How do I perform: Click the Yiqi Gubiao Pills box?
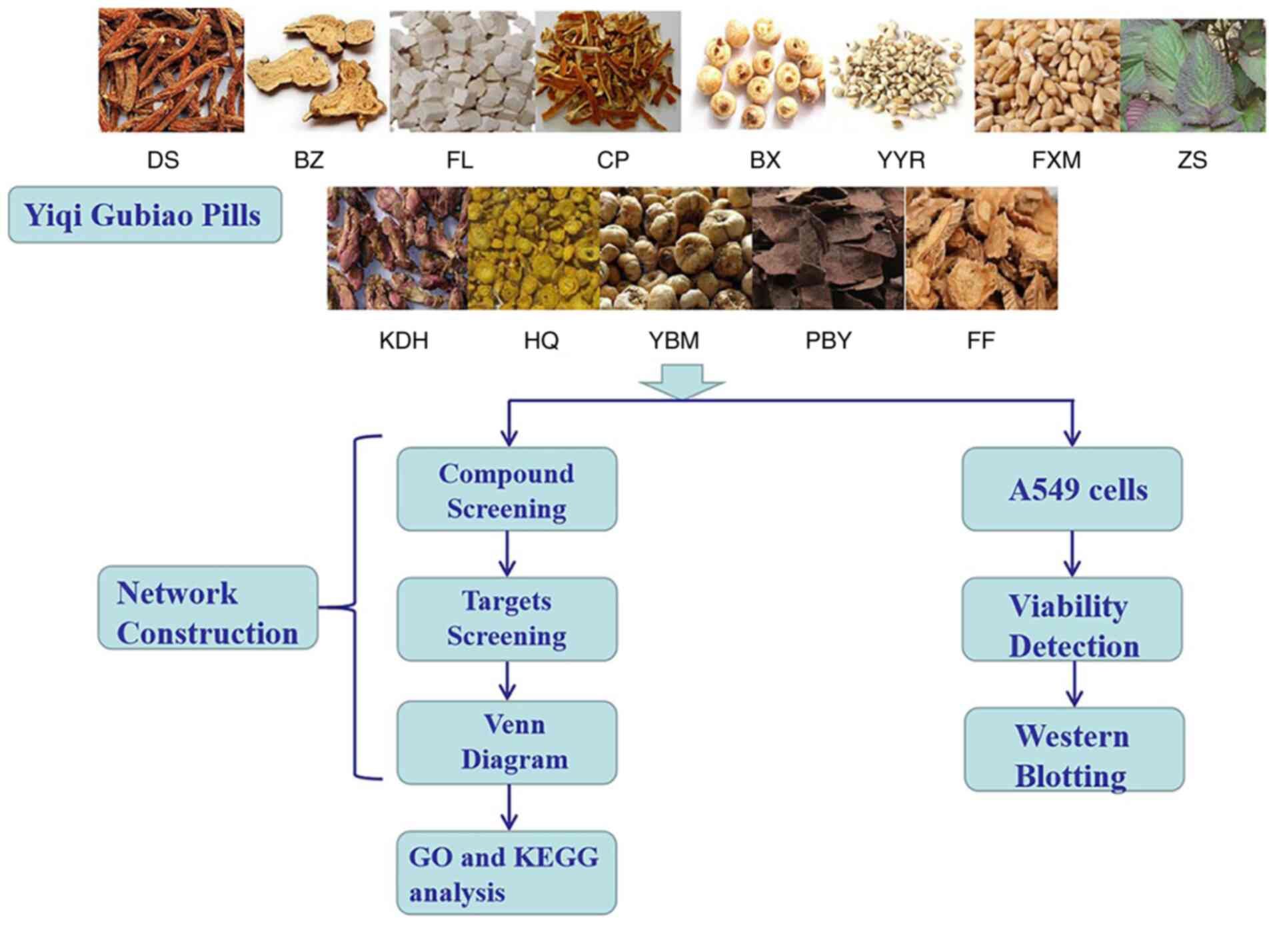coord(145,215)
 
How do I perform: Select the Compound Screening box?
coord(507,489)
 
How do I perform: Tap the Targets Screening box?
coord(507,619)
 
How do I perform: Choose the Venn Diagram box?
coord(507,742)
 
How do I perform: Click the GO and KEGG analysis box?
coord(507,873)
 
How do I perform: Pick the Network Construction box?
coord(207,607)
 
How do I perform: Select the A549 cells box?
coord(1072,489)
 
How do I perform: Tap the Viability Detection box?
coord(1072,619)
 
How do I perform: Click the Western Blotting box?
coord(1074,749)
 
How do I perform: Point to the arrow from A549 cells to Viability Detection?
coord(1072,554)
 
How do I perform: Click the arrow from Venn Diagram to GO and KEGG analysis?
coord(509,807)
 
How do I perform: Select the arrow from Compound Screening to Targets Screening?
coord(507,554)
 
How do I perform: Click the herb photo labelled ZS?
coord(1192,75)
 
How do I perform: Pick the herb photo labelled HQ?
coord(533,248)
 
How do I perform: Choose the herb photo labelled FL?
coord(462,72)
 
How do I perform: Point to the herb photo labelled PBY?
coord(828,248)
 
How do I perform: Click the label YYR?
coord(901,160)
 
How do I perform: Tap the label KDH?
coord(403,341)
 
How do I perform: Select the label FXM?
coord(1056,160)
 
